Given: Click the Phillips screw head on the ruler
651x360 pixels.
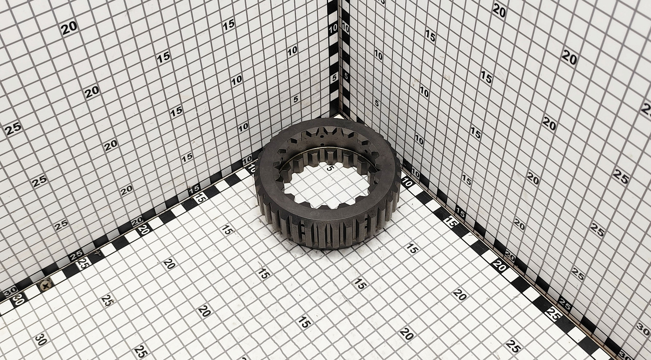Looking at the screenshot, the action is [46, 285].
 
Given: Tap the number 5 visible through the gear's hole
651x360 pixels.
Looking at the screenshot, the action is [329, 168].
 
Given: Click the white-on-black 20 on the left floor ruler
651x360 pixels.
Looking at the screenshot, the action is [137, 222].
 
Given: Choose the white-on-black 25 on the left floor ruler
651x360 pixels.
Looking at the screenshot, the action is [76, 256].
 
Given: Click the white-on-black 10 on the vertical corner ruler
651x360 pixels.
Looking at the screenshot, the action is [333, 28].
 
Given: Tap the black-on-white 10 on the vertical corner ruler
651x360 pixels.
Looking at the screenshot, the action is [346, 28].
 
